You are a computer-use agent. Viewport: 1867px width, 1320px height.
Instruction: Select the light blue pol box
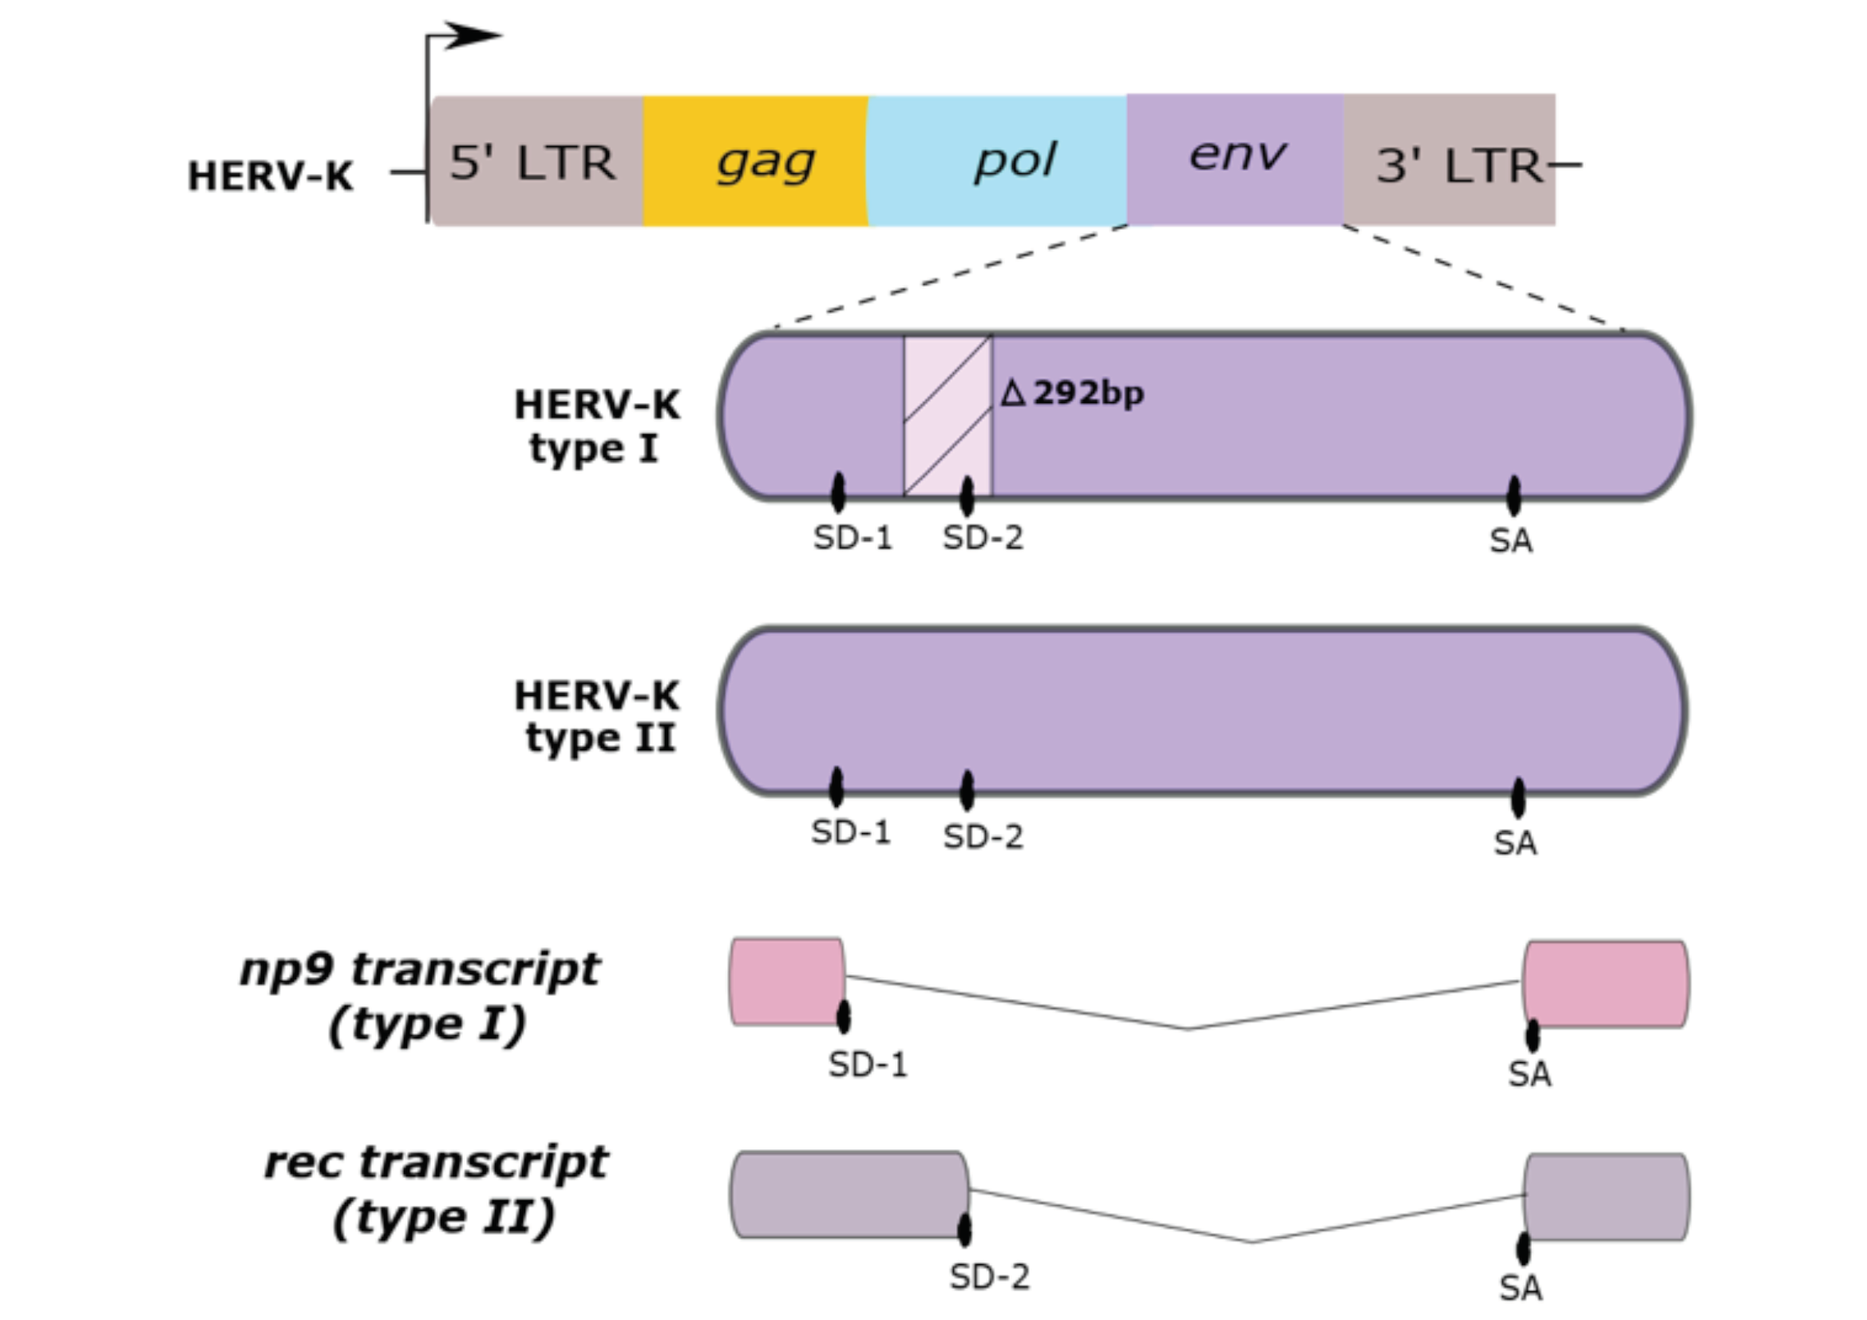997,160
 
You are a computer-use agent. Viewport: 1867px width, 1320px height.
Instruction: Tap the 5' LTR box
535,161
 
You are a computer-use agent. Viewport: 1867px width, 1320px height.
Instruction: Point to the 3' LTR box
1449,161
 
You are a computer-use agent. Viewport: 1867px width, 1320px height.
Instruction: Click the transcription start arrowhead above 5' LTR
472,35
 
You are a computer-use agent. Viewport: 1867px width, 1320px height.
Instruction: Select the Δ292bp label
1072,393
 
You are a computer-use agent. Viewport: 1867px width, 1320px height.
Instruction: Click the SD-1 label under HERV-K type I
852,538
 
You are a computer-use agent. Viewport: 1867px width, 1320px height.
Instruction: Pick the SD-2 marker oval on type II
966,790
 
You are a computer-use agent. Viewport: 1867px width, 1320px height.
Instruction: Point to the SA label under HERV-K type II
1515,844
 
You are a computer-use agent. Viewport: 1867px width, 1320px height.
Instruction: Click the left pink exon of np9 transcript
786,982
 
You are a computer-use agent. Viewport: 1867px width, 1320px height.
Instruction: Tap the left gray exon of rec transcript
849,1195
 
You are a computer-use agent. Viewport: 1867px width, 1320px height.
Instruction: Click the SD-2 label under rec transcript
989,1278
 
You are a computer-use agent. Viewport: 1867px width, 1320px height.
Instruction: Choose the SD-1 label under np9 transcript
867,1065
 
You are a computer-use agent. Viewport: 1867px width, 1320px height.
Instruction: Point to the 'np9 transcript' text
420,970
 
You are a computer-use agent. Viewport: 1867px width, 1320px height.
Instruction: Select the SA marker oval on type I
1513,496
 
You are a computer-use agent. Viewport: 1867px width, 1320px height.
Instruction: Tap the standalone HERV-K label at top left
270,176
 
